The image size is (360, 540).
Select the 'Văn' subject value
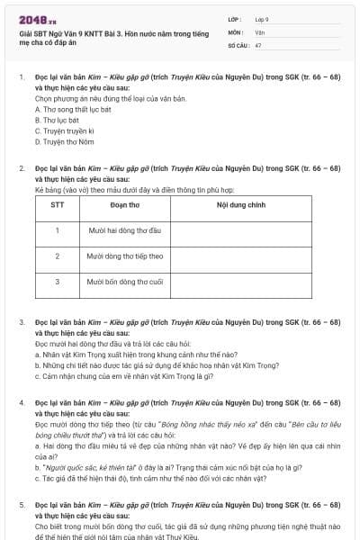(259, 31)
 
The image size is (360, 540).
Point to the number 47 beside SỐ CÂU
(258, 44)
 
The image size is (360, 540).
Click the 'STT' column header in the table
(57, 205)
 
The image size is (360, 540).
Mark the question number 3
(22, 321)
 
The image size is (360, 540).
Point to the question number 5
(22, 507)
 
